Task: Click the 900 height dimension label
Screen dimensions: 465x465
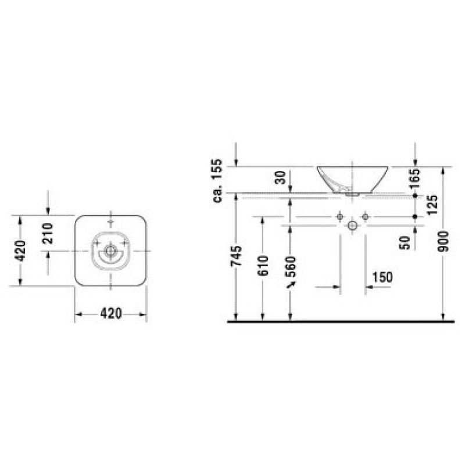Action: coord(443,241)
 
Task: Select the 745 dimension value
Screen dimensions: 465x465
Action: coord(237,256)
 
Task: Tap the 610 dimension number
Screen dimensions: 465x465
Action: coord(263,266)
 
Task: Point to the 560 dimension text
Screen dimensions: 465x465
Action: coord(291,267)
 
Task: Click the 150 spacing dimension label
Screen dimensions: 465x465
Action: coord(382,277)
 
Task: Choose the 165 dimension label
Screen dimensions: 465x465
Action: coord(414,178)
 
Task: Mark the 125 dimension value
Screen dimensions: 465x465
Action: coord(432,205)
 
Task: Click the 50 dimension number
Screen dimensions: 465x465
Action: coord(405,242)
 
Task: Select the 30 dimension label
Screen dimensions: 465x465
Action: coord(280,177)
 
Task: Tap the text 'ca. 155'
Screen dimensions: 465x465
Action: coord(217,181)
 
